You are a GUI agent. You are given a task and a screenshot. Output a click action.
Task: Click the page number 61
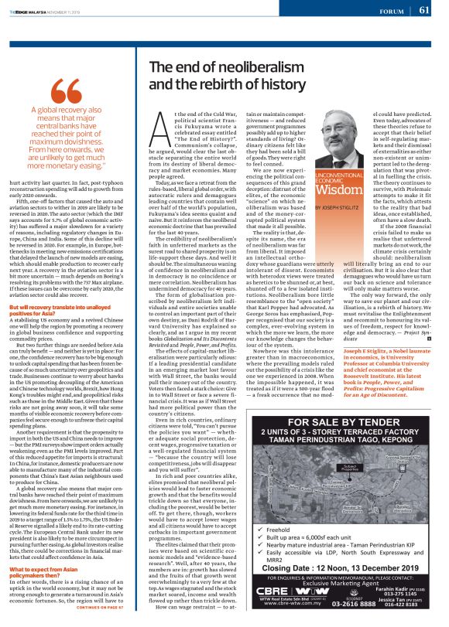434,10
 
